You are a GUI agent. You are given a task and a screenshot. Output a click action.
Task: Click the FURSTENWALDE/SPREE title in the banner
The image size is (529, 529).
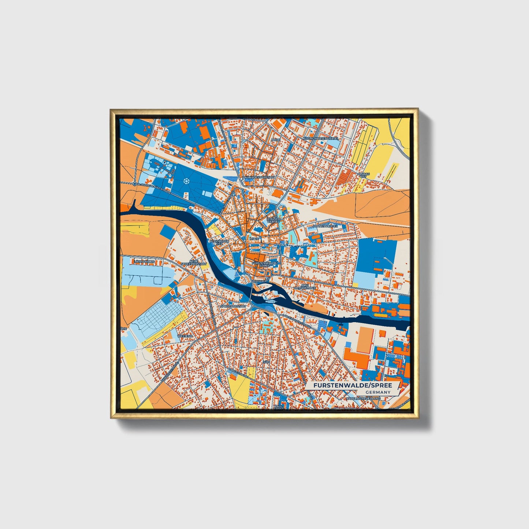(x=352, y=385)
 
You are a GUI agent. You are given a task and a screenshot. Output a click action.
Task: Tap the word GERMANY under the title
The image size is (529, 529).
(x=378, y=392)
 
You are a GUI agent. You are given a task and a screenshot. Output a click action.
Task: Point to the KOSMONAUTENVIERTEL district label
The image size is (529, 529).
(x=321, y=139)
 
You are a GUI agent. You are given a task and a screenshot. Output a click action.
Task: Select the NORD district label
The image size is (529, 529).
(x=275, y=140)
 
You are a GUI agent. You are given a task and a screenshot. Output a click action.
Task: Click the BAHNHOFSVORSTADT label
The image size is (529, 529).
(x=258, y=177)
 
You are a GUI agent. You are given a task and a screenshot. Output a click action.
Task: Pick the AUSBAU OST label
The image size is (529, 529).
(x=363, y=175)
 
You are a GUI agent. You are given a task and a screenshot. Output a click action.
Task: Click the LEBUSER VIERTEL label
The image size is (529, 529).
(x=273, y=220)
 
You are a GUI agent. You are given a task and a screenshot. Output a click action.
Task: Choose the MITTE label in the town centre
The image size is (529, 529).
(x=254, y=239)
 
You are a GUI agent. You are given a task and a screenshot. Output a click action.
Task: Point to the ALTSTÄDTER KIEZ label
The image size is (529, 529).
(x=219, y=242)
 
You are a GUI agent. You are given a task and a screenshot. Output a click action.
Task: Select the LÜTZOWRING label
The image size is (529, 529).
(x=144, y=262)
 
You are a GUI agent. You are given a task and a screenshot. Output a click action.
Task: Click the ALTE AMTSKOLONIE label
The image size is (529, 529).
(x=305, y=286)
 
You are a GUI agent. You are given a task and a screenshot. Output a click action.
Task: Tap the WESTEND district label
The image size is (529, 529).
(x=185, y=336)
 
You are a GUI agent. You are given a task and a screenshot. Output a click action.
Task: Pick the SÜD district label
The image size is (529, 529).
(x=266, y=361)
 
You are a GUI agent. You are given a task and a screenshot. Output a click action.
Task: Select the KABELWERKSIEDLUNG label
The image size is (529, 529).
(x=363, y=398)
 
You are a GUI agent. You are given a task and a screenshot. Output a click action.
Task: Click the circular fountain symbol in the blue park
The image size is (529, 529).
(x=187, y=181)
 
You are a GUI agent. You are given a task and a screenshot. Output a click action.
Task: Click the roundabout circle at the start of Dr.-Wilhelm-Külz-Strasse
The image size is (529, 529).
(x=135, y=184)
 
